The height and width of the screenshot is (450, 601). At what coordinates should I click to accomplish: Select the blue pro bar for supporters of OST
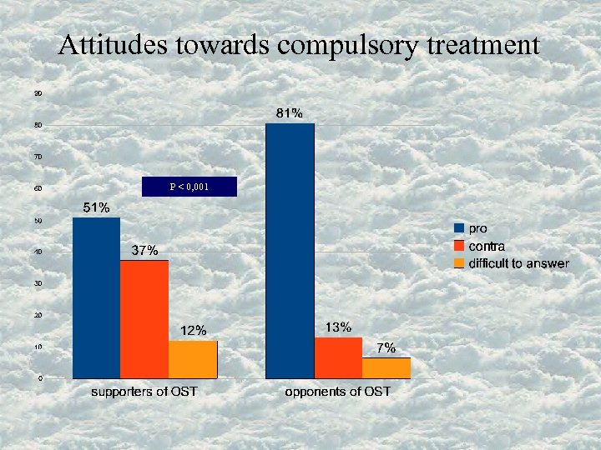pos(97,297)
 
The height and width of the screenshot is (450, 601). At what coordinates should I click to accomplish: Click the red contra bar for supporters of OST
pos(144,319)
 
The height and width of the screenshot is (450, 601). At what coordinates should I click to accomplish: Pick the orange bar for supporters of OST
pos(193,359)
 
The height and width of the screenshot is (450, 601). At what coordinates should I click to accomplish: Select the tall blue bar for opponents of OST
pos(290,250)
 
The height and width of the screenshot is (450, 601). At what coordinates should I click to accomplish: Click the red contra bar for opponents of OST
pos(338,357)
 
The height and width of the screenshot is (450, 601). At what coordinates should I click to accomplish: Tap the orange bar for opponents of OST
pos(386,367)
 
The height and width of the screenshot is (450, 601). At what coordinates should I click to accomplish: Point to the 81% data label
pos(290,113)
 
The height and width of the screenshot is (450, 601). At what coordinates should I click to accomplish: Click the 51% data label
pos(96,207)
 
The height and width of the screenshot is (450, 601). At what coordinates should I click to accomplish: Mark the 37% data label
pos(144,251)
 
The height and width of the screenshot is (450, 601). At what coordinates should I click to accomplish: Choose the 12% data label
pos(194,330)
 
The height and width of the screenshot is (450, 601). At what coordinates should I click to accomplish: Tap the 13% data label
pos(338,327)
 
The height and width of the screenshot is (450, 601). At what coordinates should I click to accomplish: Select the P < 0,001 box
pos(189,187)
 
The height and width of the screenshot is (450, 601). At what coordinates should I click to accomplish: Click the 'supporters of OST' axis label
pos(144,391)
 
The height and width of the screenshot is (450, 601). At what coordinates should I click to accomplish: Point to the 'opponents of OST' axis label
pos(337,391)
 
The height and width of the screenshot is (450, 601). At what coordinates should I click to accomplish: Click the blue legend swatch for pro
pos(458,227)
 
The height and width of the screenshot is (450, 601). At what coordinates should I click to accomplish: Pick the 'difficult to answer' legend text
pos(518,263)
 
